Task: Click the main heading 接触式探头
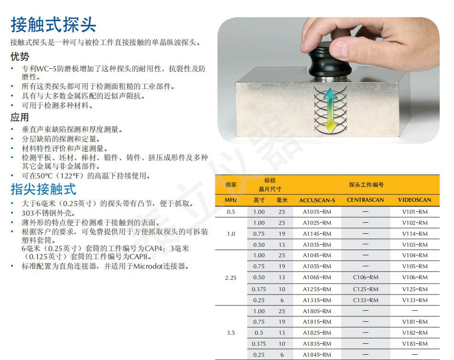[x=53, y=24]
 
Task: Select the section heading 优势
[x=20, y=56]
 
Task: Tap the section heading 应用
[x=20, y=117]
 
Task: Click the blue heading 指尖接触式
[x=43, y=189]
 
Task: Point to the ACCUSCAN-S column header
[x=317, y=200]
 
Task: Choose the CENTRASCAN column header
[x=366, y=200]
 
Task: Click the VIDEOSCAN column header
[x=415, y=200]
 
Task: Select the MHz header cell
[x=231, y=200]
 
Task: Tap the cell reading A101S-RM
[x=317, y=212]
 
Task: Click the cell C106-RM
[x=366, y=277]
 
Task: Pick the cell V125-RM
[x=415, y=289]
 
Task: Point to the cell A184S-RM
[x=317, y=354]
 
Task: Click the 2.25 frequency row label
[x=231, y=278]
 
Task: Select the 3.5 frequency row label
[x=231, y=333]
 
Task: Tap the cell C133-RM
[x=366, y=300]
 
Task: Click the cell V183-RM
[x=415, y=344]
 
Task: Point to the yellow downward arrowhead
[x=330, y=128]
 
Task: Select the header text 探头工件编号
[x=366, y=185]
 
